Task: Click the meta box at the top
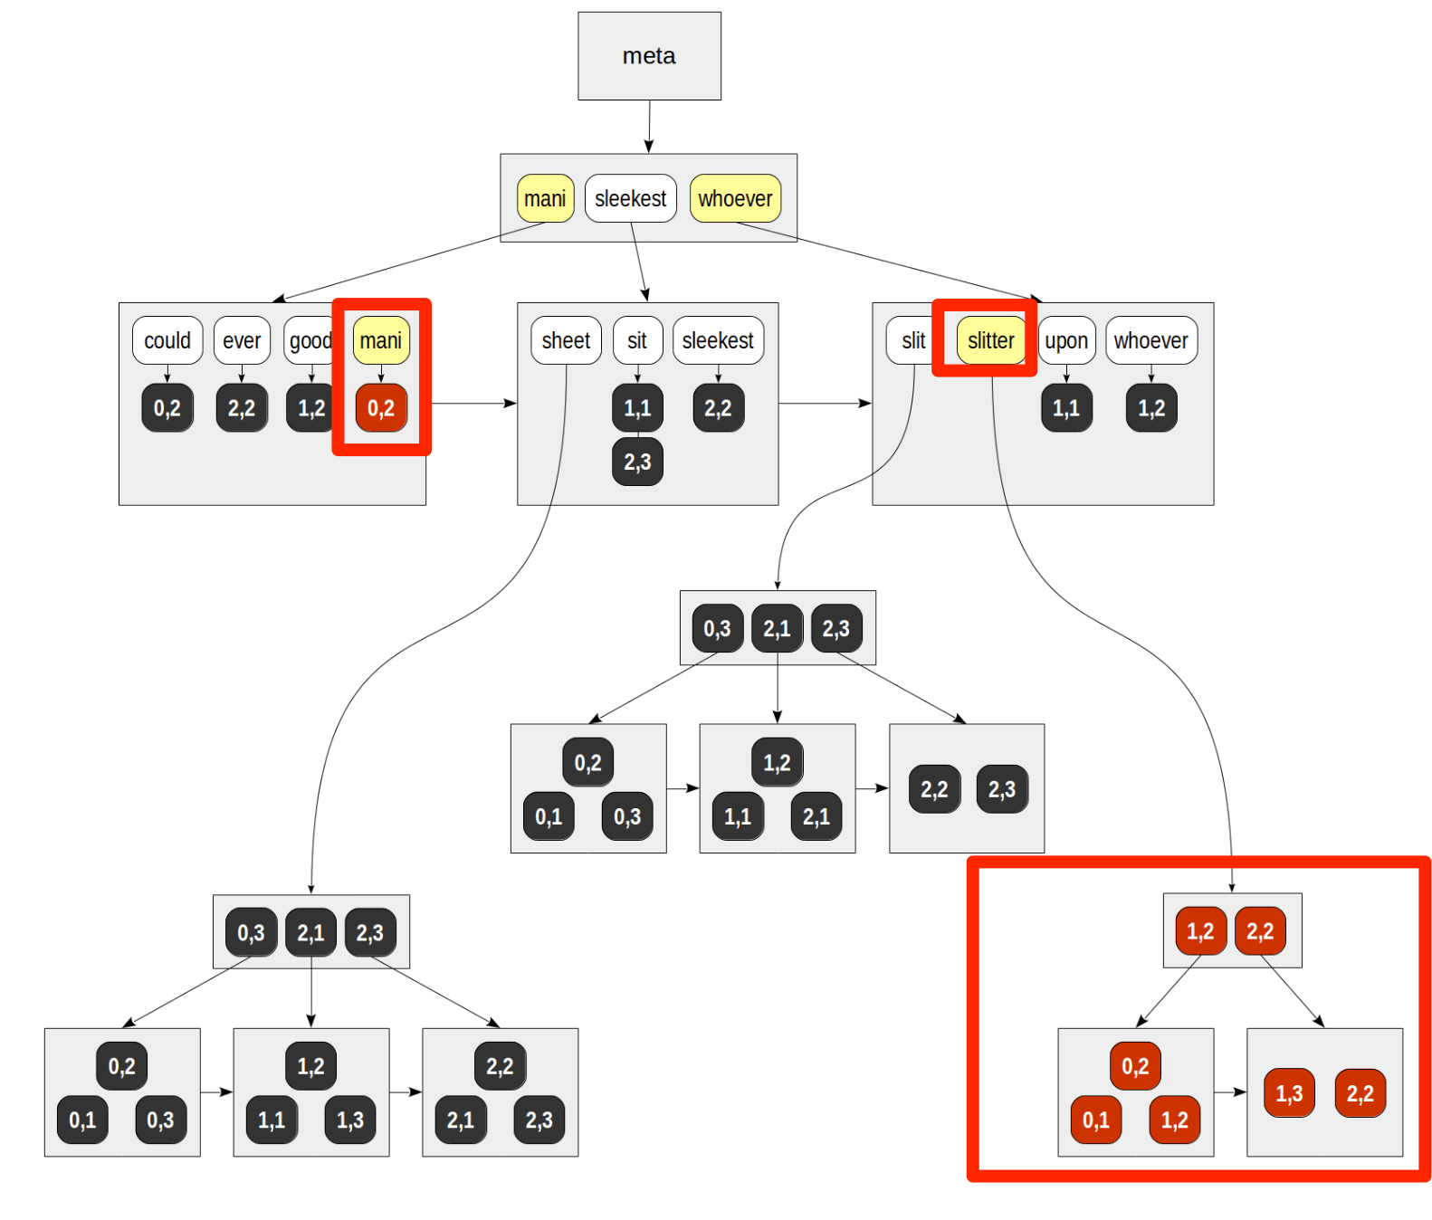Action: (649, 56)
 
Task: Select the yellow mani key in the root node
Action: (545, 198)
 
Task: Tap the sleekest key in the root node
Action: (630, 198)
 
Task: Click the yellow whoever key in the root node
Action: (735, 198)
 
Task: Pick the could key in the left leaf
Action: (167, 340)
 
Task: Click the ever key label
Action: (242, 340)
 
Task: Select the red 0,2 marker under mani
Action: (381, 408)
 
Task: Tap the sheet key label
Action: (566, 340)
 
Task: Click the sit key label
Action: (637, 340)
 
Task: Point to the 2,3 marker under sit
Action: (637, 462)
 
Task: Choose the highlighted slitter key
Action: (990, 340)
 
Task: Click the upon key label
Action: (1066, 340)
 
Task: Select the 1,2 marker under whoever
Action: (1151, 408)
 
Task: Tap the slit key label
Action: (913, 340)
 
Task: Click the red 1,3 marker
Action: (1289, 1093)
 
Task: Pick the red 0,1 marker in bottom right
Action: (1095, 1120)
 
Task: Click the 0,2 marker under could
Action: (167, 408)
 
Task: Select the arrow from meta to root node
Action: (649, 127)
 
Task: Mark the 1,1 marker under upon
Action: (1066, 408)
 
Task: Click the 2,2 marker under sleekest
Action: (718, 408)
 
